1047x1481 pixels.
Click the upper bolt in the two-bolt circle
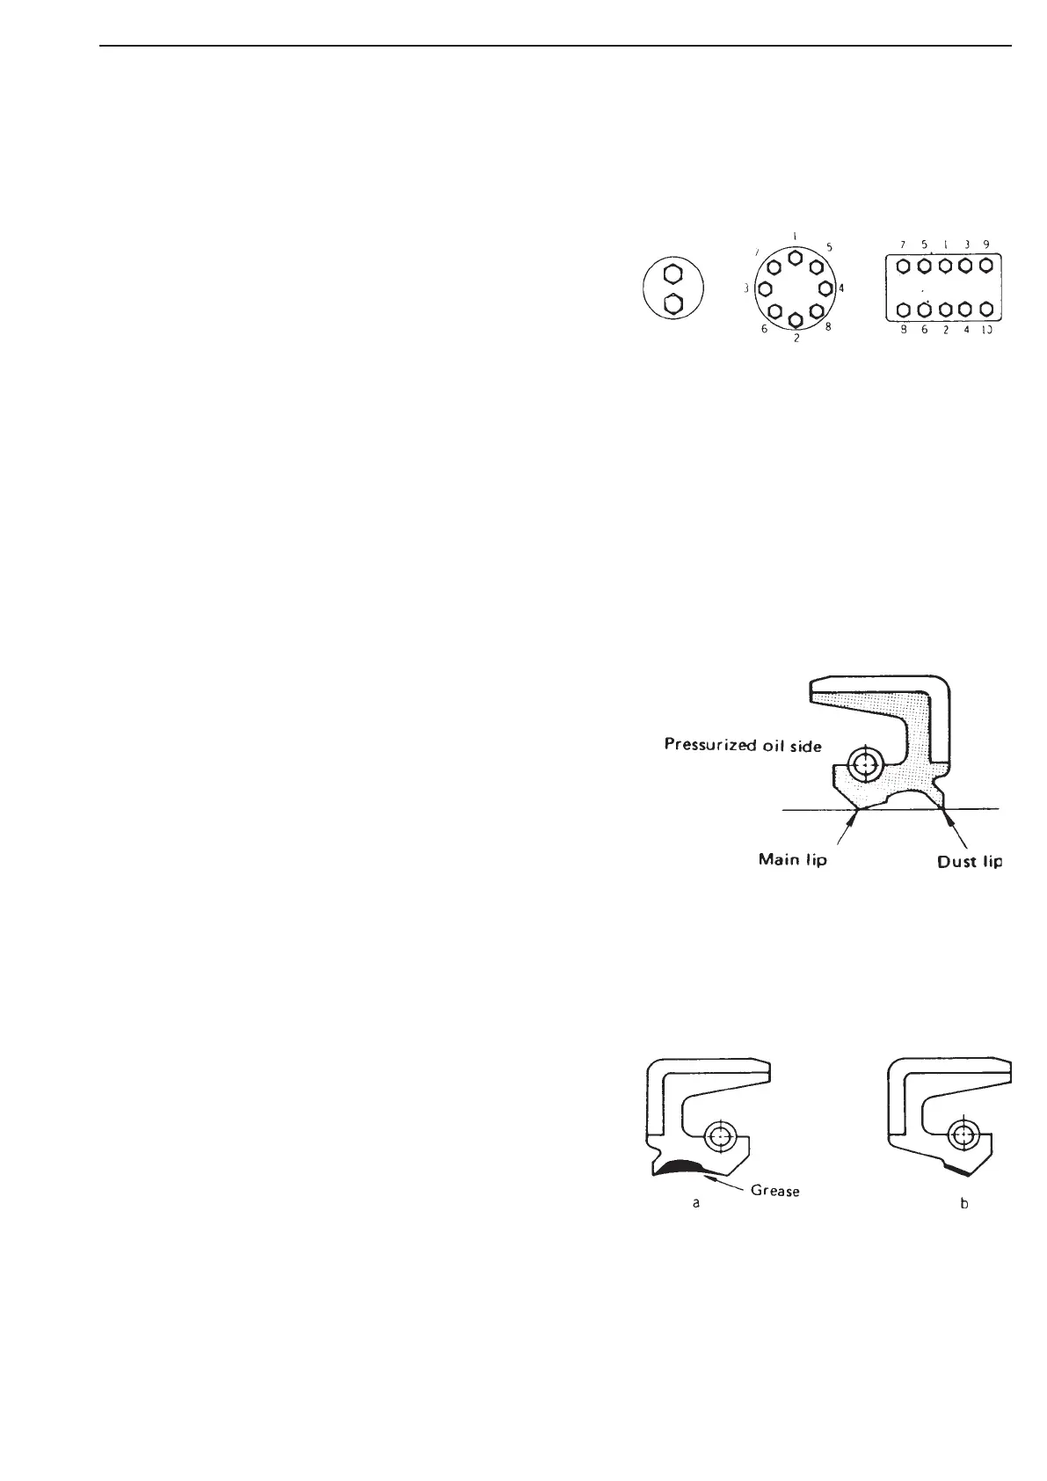[x=673, y=274]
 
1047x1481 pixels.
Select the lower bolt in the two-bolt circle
[x=673, y=304]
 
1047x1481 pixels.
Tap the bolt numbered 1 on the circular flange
[x=795, y=257]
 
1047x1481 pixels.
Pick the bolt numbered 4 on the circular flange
[x=825, y=288]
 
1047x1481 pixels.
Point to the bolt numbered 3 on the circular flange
[x=764, y=288]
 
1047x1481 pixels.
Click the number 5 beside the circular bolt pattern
[x=829, y=248]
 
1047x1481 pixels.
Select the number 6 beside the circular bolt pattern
[x=764, y=329]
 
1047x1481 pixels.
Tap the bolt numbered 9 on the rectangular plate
[x=985, y=265]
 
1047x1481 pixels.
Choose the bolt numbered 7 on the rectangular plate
[x=903, y=265]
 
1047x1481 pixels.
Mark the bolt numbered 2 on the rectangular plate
[x=944, y=310]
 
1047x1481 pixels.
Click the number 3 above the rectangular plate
[x=966, y=244]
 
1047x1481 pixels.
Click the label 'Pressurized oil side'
[x=744, y=746]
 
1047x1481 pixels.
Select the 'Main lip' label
[x=792, y=860]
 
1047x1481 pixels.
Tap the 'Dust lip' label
[x=969, y=862]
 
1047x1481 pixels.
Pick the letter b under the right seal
[x=964, y=1203]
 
